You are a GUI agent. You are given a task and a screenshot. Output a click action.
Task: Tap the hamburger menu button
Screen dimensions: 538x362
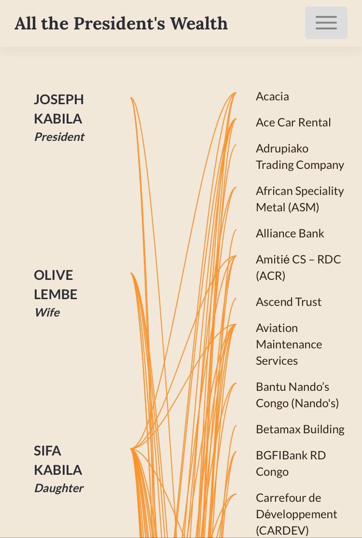pos(326,23)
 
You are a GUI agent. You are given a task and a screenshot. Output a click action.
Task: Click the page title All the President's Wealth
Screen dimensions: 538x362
pos(121,24)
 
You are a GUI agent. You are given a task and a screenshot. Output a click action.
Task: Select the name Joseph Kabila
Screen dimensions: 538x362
pos(58,109)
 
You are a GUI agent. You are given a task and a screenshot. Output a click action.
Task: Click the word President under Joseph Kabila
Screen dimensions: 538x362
pos(59,137)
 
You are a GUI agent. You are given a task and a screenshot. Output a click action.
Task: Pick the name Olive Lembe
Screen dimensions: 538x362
pos(55,285)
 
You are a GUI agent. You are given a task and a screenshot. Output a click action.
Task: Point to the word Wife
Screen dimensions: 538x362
pos(47,313)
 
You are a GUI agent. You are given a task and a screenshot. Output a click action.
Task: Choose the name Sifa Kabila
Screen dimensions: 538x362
pos(57,460)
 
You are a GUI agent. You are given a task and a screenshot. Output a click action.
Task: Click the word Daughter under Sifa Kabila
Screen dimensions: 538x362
pos(58,488)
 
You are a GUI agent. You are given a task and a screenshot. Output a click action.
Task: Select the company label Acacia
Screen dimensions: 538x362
pos(272,97)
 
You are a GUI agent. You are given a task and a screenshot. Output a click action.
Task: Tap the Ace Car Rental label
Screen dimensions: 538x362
pos(293,123)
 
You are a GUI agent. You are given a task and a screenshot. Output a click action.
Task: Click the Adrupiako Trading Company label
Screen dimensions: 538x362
pos(300,157)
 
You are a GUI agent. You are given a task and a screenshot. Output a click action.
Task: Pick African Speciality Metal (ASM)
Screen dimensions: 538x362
pos(300,199)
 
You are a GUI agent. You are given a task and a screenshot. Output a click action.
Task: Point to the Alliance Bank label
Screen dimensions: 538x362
pos(290,234)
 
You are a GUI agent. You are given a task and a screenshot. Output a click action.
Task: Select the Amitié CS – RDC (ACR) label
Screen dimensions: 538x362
pos(298,268)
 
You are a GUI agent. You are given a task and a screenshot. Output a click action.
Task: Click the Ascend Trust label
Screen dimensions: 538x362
pos(288,302)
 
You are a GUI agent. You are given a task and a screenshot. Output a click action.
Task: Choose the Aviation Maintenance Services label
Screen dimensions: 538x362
pos(289,345)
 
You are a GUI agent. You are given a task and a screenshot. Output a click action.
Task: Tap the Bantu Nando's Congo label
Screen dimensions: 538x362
pos(297,395)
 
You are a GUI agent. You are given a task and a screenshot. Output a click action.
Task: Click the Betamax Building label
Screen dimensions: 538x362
pos(300,429)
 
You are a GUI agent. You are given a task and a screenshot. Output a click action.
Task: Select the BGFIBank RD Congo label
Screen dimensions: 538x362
pos(291,464)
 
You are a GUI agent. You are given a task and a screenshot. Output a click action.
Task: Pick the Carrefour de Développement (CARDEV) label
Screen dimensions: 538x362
pos(296,514)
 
